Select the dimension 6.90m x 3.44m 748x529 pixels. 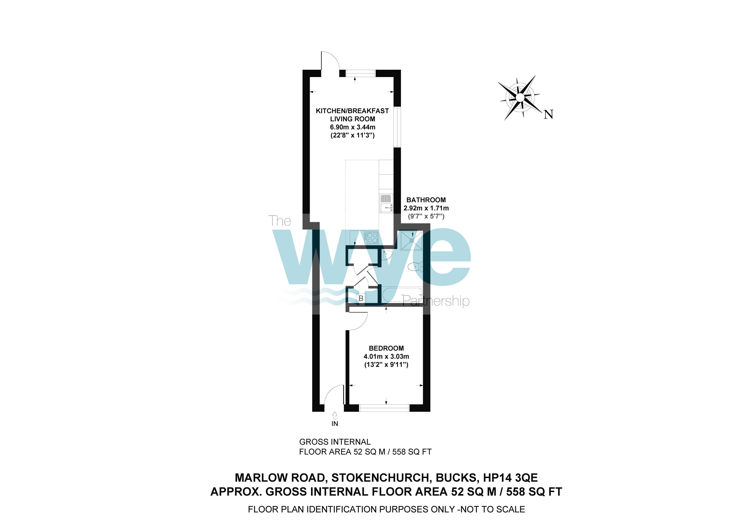[353, 127]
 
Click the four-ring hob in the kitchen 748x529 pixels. [371, 238]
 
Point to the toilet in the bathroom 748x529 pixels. [415, 267]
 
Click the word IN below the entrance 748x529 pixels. [335, 424]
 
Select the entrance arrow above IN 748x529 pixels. [335, 415]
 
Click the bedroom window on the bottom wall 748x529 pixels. [384, 408]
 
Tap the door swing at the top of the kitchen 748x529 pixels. [329, 61]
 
